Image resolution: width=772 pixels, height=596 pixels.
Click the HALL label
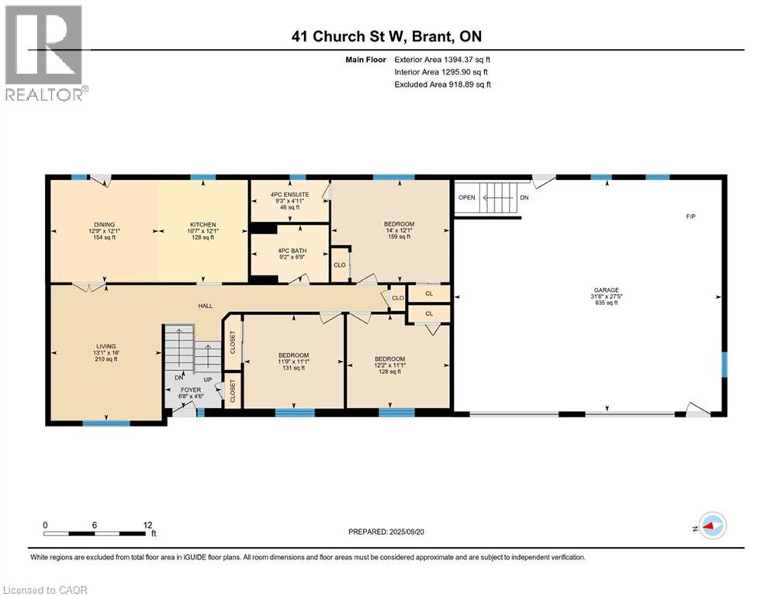pos(205,307)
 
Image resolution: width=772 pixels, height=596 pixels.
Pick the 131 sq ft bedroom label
pos(293,362)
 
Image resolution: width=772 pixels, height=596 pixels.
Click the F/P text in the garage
pos(690,216)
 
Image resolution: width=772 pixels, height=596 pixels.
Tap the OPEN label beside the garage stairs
pos(466,197)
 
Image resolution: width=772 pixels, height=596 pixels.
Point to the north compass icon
pos(711,525)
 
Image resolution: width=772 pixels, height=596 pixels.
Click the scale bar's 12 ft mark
pos(148,525)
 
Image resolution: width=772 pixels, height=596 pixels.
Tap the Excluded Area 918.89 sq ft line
pos(442,84)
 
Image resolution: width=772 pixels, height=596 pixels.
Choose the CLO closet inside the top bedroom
pos(339,264)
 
